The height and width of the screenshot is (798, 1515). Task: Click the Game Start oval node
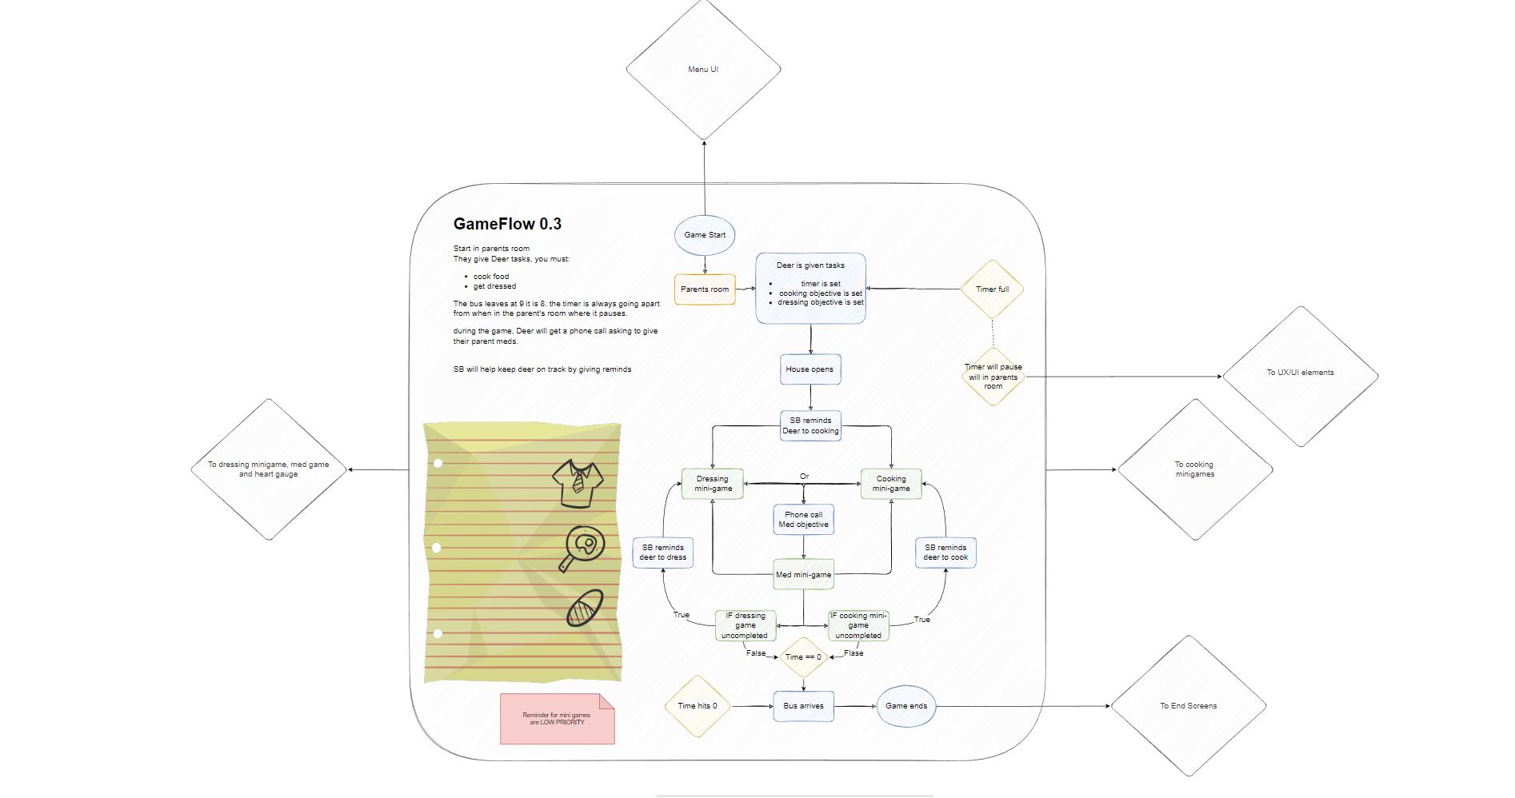pos(705,235)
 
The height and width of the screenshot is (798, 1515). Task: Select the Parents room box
pos(705,289)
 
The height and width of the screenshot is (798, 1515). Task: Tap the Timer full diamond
pos(992,289)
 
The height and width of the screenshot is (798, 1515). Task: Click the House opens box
pos(810,369)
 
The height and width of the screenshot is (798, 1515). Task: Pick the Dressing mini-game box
pos(713,484)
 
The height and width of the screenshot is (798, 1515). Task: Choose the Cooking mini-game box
pos(891,484)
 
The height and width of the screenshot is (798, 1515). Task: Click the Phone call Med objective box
pos(804,520)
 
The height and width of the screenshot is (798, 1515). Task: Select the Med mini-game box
pos(804,574)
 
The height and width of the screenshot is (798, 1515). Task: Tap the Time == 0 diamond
pos(804,657)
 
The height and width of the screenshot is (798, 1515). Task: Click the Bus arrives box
pos(804,706)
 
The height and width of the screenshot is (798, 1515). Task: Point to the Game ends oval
pos(906,706)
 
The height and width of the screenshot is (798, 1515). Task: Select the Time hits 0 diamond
pos(698,706)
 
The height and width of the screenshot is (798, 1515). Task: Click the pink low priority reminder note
pos(558,719)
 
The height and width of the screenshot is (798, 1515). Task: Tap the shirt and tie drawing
pos(578,484)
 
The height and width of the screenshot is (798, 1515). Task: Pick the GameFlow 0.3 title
pos(507,224)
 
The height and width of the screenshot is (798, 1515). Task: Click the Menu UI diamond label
pos(703,70)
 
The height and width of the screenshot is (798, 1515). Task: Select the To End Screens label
pos(1189,706)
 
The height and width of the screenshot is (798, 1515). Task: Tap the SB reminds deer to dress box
pos(663,553)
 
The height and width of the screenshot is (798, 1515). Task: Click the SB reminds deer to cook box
pos(945,553)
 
